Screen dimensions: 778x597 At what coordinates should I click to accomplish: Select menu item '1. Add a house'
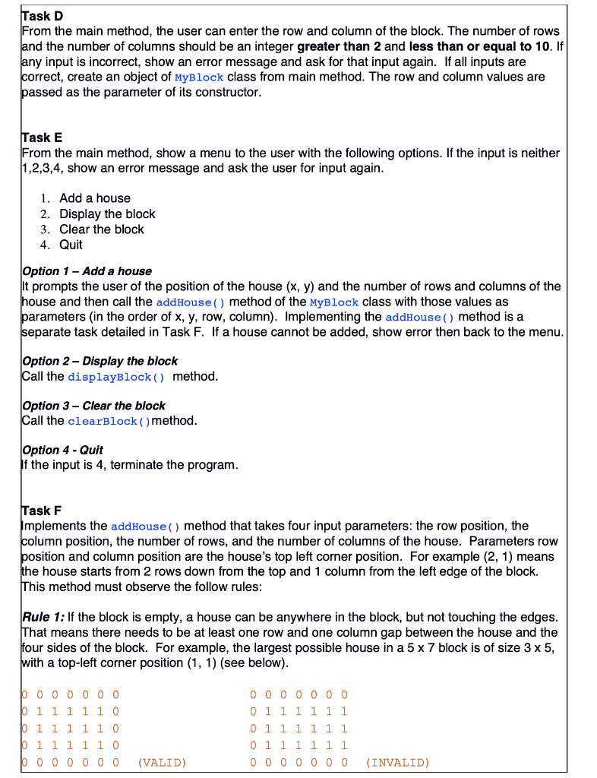[85, 198]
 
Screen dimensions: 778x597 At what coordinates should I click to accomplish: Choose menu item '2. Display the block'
[97, 214]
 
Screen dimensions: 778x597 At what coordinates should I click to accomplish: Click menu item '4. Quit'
[62, 245]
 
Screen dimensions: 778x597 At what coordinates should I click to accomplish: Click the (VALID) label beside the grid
[163, 762]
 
